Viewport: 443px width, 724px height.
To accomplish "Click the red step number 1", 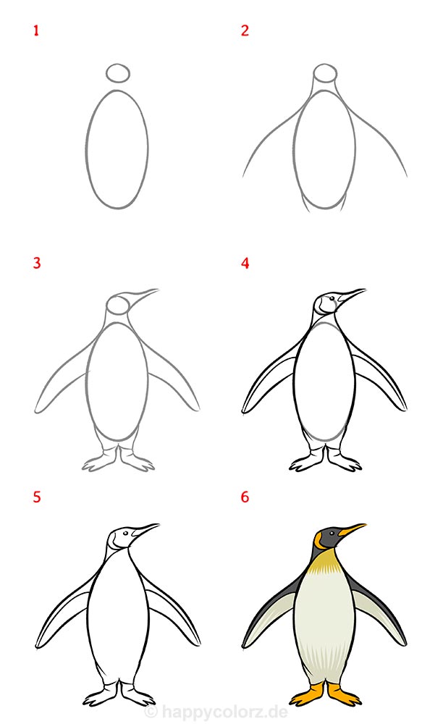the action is pos(36,31).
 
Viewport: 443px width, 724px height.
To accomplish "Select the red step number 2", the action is pos(245,30).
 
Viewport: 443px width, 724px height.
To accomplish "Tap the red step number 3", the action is pos(37,264).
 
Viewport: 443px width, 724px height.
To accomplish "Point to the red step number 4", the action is pos(245,264).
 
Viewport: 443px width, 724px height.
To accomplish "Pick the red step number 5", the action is pos(37,497).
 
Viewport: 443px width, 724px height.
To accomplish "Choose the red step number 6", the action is pos(245,497).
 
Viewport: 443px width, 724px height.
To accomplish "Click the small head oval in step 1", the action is pos(118,73).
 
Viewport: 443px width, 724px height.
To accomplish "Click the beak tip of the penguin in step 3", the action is pos(159,290).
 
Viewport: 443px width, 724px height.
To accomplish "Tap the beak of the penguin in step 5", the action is pos(145,530).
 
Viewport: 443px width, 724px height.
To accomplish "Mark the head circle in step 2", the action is pos(325,73).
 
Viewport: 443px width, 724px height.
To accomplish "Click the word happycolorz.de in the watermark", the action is pos(225,712).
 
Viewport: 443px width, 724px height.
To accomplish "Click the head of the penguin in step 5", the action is pos(121,539).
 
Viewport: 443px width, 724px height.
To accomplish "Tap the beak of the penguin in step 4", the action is pos(352,295).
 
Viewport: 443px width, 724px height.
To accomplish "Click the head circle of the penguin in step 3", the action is pos(118,305).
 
